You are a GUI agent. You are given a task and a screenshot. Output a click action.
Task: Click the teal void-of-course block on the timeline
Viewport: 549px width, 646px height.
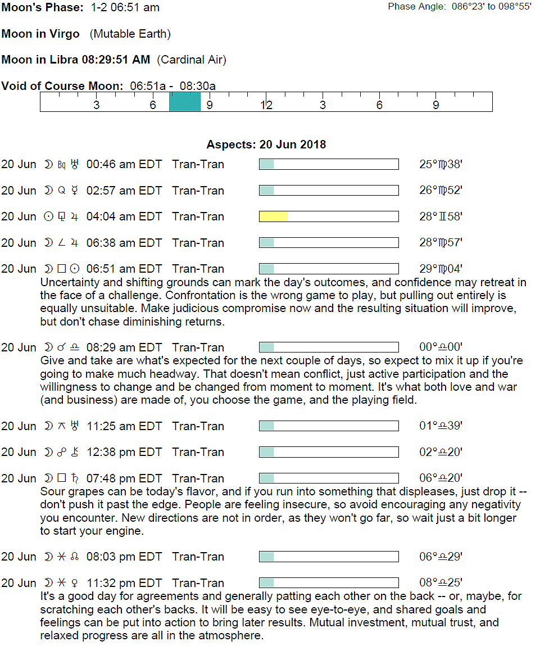pos(185,102)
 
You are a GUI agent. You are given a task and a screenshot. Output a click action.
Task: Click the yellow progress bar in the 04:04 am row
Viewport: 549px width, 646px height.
pos(274,216)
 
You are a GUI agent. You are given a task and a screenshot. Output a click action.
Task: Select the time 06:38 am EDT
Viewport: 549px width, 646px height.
pos(124,243)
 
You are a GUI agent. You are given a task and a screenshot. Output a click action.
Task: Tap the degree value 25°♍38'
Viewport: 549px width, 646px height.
pos(441,165)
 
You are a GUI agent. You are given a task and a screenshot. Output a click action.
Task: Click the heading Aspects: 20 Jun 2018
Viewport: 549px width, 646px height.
pos(266,144)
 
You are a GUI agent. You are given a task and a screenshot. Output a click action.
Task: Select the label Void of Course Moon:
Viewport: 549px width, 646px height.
pos(62,86)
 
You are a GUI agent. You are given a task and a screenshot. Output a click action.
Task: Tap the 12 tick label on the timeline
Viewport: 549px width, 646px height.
pos(266,105)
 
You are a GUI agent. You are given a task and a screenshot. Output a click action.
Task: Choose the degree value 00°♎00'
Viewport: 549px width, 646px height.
pos(441,347)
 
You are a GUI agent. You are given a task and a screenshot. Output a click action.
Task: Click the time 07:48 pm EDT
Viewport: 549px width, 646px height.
pos(124,478)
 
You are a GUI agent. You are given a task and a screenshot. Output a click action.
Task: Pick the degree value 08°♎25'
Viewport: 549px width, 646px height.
pos(441,583)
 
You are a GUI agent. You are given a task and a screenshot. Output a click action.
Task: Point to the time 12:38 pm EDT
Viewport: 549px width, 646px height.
pos(124,452)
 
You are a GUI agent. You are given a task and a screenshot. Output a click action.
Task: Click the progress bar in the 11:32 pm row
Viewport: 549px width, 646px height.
pos(329,583)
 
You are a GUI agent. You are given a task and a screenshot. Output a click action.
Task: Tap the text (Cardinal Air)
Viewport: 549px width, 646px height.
pos(192,60)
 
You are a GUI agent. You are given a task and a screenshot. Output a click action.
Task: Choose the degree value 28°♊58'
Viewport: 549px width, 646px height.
pos(441,217)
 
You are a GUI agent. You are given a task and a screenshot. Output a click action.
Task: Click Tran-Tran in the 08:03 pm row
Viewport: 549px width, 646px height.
pos(198,557)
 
